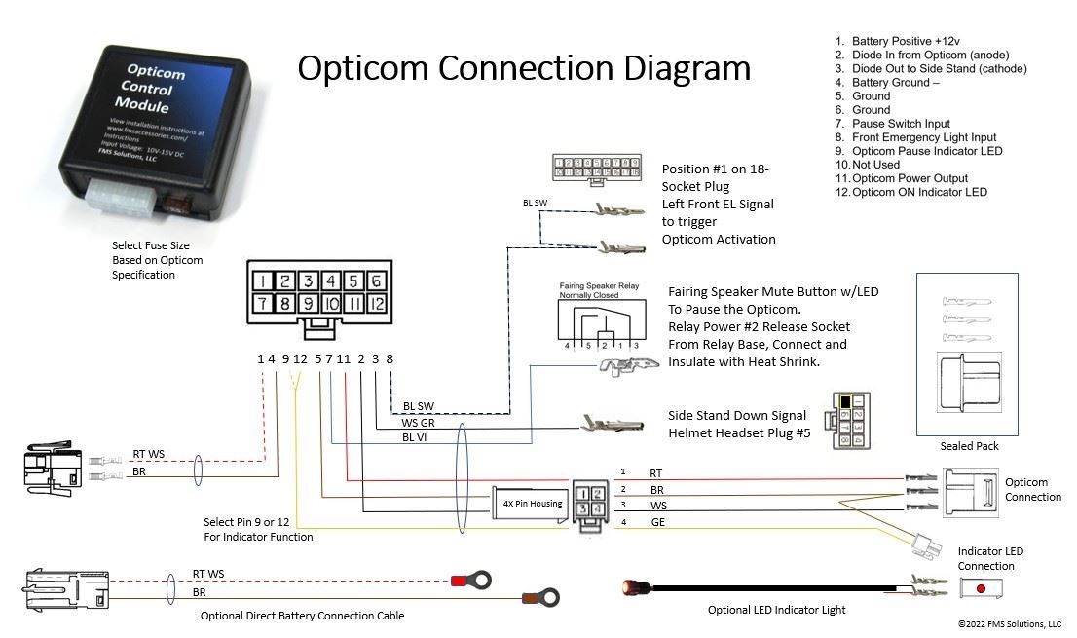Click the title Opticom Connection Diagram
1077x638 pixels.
point(524,68)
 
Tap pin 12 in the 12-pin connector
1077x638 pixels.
point(376,304)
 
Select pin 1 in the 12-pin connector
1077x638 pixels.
point(263,281)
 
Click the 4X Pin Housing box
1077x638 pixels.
point(532,503)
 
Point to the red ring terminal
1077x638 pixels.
point(467,582)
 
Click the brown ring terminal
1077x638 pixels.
point(541,596)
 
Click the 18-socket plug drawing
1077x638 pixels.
point(597,167)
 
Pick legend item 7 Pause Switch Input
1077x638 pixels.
point(900,124)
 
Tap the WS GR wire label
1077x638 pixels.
point(418,423)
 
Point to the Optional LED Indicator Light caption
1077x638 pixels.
point(776,610)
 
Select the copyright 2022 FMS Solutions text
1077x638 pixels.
point(1009,624)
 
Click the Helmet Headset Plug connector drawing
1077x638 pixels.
point(848,421)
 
